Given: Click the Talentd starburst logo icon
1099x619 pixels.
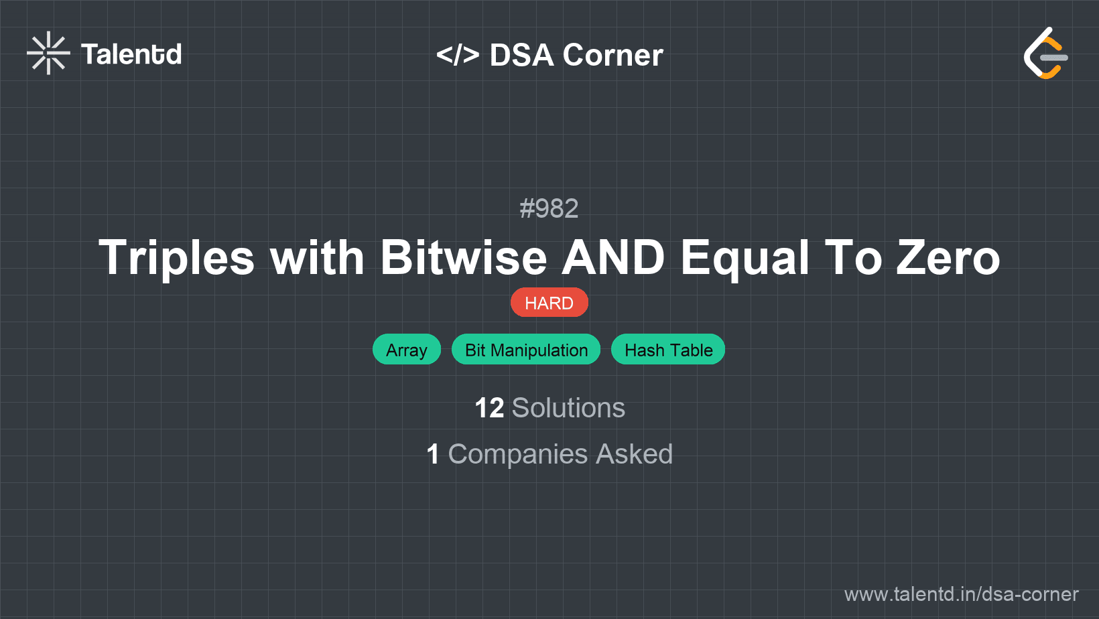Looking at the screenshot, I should coord(48,53).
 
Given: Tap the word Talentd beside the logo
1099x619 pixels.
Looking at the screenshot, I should coord(131,54).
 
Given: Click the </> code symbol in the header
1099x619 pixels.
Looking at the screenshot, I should coord(458,54).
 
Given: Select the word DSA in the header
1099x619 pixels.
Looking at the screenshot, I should coord(521,55).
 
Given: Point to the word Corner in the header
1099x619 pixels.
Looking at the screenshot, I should coord(612,55).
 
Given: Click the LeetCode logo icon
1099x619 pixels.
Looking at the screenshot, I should coord(1045,54).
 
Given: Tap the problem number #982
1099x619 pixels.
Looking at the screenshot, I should coord(549,208).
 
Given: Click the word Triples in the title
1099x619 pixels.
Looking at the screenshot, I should coord(177,258).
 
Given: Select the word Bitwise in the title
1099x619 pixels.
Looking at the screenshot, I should coord(464,258).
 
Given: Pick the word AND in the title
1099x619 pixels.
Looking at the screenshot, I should coord(613,258).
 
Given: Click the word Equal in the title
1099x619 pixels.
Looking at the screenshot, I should coord(745,258).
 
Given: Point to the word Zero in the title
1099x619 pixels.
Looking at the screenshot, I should coord(948,258).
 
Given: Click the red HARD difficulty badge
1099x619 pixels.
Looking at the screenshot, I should coord(549,303).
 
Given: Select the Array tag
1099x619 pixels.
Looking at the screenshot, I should coord(406,350).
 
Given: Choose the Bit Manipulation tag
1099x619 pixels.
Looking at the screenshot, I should coord(526,350).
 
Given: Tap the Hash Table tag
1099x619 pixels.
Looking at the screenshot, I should coord(668,350).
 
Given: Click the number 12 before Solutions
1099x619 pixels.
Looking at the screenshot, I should coord(489,408).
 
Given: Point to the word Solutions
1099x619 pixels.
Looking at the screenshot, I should coord(568,408).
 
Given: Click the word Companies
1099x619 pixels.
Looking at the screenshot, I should coord(518,454).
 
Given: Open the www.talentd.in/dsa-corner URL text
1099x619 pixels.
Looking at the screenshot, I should coord(961,594).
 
